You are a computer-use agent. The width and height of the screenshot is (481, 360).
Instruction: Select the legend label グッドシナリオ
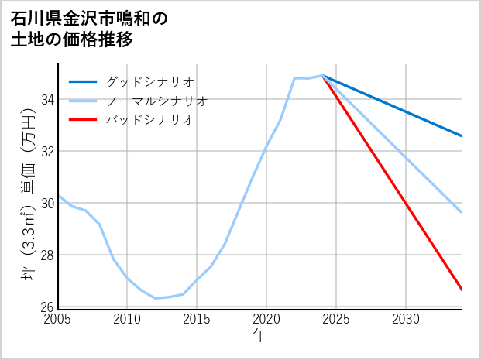click(x=149, y=81)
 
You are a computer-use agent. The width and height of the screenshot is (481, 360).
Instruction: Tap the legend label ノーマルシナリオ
click(x=156, y=101)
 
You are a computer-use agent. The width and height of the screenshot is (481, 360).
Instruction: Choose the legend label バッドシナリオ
click(x=149, y=120)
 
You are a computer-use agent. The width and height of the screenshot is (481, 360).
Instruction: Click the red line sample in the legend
click(x=83, y=120)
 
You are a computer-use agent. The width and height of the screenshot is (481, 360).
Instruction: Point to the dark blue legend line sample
click(x=83, y=81)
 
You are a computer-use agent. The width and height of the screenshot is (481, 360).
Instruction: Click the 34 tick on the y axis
click(x=47, y=100)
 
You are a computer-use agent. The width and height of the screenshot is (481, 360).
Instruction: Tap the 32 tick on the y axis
click(x=47, y=152)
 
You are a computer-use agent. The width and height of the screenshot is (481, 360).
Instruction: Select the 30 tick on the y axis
click(x=47, y=204)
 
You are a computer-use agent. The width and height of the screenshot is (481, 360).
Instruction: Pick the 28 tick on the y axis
click(x=47, y=255)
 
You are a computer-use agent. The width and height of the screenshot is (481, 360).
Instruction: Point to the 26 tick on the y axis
click(x=47, y=307)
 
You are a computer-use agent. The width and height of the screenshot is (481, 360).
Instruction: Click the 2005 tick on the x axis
click(x=58, y=319)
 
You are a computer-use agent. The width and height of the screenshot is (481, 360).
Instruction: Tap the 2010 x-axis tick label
click(x=127, y=319)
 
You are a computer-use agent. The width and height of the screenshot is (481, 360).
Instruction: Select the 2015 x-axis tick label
click(x=197, y=319)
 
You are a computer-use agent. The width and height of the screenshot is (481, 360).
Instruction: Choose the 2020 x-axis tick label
click(x=266, y=319)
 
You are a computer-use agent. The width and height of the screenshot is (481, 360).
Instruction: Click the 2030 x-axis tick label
click(x=406, y=319)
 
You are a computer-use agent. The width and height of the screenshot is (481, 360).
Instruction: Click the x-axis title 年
click(x=260, y=336)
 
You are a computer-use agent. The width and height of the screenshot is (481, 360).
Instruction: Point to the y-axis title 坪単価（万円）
click(x=27, y=197)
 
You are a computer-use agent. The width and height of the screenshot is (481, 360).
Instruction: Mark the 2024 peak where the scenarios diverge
click(x=322, y=75)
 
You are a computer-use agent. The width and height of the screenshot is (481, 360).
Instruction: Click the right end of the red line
click(x=462, y=290)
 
